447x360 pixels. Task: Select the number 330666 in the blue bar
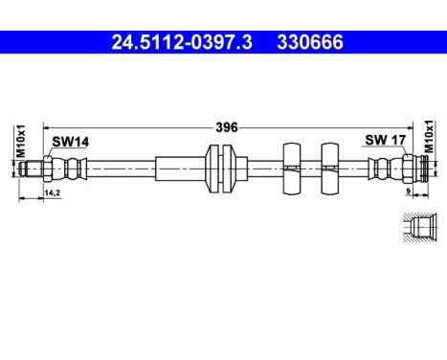tap(311, 43)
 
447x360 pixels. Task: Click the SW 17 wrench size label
tap(382, 141)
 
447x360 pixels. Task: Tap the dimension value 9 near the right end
tap(409, 191)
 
